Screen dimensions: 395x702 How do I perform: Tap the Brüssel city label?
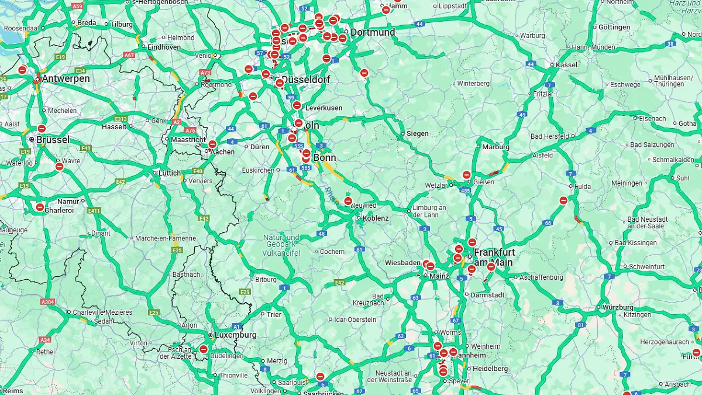(53, 140)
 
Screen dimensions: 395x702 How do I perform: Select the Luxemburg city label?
(235, 335)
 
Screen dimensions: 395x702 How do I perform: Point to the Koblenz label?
(376, 218)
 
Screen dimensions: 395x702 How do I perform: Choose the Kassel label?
(567, 65)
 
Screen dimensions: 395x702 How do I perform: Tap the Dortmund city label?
(373, 32)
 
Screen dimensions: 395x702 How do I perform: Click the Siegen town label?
(417, 134)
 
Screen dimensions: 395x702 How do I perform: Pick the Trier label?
(274, 315)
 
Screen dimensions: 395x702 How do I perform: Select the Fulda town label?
(583, 187)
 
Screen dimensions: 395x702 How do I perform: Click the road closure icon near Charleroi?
(40, 207)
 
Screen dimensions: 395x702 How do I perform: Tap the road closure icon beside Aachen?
(212, 144)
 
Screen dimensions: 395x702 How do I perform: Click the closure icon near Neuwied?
(348, 201)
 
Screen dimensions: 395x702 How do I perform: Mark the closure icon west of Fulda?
(563, 201)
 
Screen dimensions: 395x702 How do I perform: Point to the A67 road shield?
(129, 56)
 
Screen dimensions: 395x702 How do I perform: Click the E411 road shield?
(93, 211)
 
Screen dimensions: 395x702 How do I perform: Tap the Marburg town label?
(495, 147)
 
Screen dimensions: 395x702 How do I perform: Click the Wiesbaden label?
(402, 263)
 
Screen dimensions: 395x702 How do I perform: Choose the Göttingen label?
(614, 28)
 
